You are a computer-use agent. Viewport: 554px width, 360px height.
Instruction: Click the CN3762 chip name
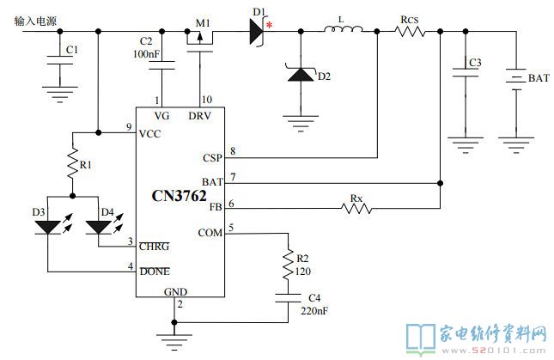(x=179, y=196)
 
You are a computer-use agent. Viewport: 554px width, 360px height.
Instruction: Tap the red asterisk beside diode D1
(x=269, y=25)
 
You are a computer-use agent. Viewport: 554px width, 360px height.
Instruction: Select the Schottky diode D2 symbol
(x=301, y=74)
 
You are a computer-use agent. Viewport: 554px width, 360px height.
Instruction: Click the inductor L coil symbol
(x=343, y=29)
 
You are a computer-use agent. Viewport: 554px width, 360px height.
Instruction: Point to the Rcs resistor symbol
(x=410, y=32)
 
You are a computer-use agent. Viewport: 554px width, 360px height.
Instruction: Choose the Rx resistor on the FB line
(x=356, y=209)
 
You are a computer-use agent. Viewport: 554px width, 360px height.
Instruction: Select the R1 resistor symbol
(x=72, y=163)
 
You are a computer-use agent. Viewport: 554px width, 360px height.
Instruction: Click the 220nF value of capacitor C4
(x=314, y=311)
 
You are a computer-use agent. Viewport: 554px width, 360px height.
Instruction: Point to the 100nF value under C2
(x=146, y=54)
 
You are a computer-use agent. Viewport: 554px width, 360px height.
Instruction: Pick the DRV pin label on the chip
(x=199, y=116)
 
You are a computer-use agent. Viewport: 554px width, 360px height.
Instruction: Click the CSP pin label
(x=212, y=157)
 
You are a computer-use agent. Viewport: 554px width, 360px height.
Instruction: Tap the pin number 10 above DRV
(x=207, y=100)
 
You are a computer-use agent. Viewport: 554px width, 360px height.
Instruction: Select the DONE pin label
(x=155, y=272)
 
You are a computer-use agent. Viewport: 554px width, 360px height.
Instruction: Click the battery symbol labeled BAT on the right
(x=516, y=79)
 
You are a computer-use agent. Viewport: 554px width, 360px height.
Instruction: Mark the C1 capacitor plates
(x=60, y=60)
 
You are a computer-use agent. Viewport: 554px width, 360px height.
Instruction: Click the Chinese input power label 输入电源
(x=35, y=21)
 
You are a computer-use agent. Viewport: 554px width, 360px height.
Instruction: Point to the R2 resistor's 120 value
(x=303, y=272)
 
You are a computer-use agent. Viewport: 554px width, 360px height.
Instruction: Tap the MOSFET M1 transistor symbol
(x=199, y=40)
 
